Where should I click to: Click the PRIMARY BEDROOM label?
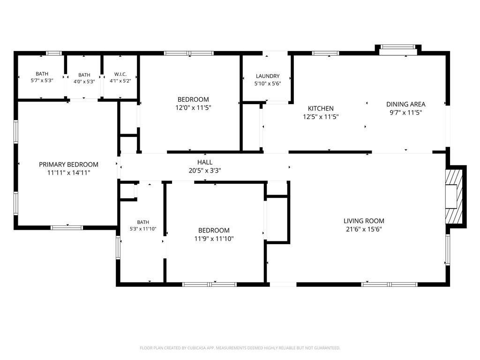pyautogui.click(x=68, y=165)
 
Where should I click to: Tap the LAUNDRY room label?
pyautogui.click(x=268, y=76)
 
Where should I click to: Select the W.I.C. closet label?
pyautogui.click(x=120, y=74)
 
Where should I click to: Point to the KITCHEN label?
pyautogui.click(x=321, y=108)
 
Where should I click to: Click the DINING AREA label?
pyautogui.click(x=405, y=104)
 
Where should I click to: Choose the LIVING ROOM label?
pyautogui.click(x=364, y=221)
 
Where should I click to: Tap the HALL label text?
pyautogui.click(x=205, y=162)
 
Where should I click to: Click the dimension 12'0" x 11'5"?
pyautogui.click(x=193, y=108)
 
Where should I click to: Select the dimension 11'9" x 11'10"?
pyautogui.click(x=214, y=239)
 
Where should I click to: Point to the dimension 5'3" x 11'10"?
pyautogui.click(x=143, y=229)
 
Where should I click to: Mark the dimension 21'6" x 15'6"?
pyautogui.click(x=364, y=229)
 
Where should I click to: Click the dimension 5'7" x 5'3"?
pyautogui.click(x=42, y=81)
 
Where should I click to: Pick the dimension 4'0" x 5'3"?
pyautogui.click(x=84, y=82)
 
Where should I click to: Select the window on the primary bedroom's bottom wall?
pyautogui.click(x=67, y=227)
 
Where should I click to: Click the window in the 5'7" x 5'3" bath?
pyautogui.click(x=54, y=53)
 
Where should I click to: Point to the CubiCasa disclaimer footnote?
pyautogui.click(x=240, y=348)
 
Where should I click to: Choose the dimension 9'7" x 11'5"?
pyautogui.click(x=405, y=112)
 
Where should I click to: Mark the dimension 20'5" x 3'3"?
pyautogui.click(x=205, y=171)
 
